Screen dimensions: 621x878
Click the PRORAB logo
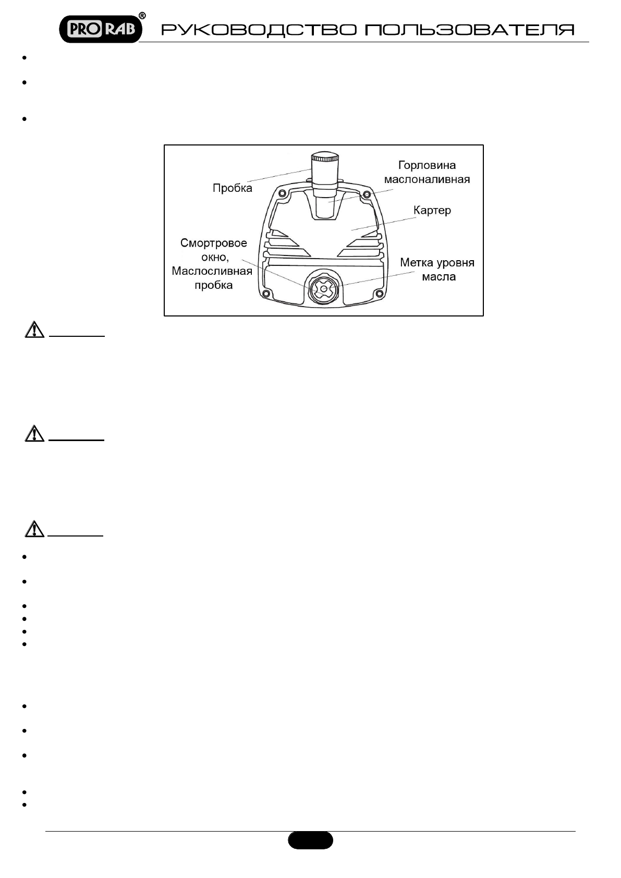[x=101, y=29]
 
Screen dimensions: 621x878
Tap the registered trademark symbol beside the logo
[x=142, y=16]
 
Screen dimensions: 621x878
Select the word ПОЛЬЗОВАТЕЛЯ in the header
[x=469, y=30]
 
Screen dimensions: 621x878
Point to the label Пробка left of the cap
[x=232, y=188]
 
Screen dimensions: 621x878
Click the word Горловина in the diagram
[x=427, y=165]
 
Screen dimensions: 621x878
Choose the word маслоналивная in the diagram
[x=427, y=179]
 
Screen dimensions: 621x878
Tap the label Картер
[x=432, y=211]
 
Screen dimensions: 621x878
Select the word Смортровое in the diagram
[x=214, y=243]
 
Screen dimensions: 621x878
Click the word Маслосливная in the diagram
[x=212, y=271]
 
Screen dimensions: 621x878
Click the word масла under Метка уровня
[x=439, y=277]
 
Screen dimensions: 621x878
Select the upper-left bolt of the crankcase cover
[x=282, y=193]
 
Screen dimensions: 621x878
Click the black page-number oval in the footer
[x=310, y=840]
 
